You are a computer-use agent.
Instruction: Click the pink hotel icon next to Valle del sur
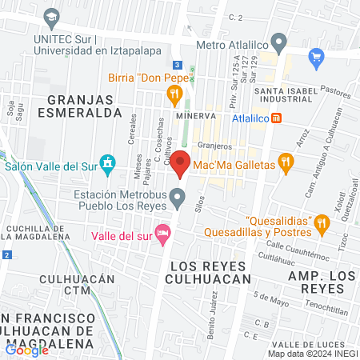tap(162, 235)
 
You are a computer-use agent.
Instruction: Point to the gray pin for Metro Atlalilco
tap(278, 42)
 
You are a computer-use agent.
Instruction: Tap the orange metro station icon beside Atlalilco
tap(277, 117)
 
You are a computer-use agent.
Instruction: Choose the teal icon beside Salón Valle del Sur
tap(110, 166)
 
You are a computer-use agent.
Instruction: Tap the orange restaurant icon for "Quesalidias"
tap(321, 222)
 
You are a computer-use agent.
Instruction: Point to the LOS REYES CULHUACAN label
tap(208, 272)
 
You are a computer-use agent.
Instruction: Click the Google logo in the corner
tap(26, 350)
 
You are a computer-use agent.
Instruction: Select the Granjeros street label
tap(214, 146)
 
